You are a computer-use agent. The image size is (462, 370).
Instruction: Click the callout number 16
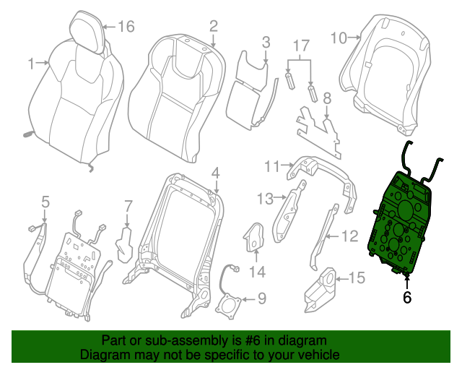(x=126, y=27)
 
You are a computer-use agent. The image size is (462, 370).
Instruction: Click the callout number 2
(x=214, y=26)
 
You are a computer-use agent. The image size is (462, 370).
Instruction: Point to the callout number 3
(x=266, y=42)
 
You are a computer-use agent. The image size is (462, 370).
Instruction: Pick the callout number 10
(x=338, y=35)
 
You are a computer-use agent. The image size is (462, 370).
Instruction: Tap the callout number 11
(x=271, y=167)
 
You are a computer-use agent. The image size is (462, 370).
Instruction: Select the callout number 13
(x=265, y=197)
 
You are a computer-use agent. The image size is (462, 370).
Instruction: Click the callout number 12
(x=349, y=235)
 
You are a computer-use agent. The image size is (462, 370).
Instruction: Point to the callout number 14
(x=258, y=272)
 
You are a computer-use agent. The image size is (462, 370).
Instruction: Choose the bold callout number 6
(x=407, y=296)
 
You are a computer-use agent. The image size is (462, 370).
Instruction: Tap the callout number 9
(x=261, y=298)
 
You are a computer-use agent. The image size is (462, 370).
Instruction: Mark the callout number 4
(x=214, y=172)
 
